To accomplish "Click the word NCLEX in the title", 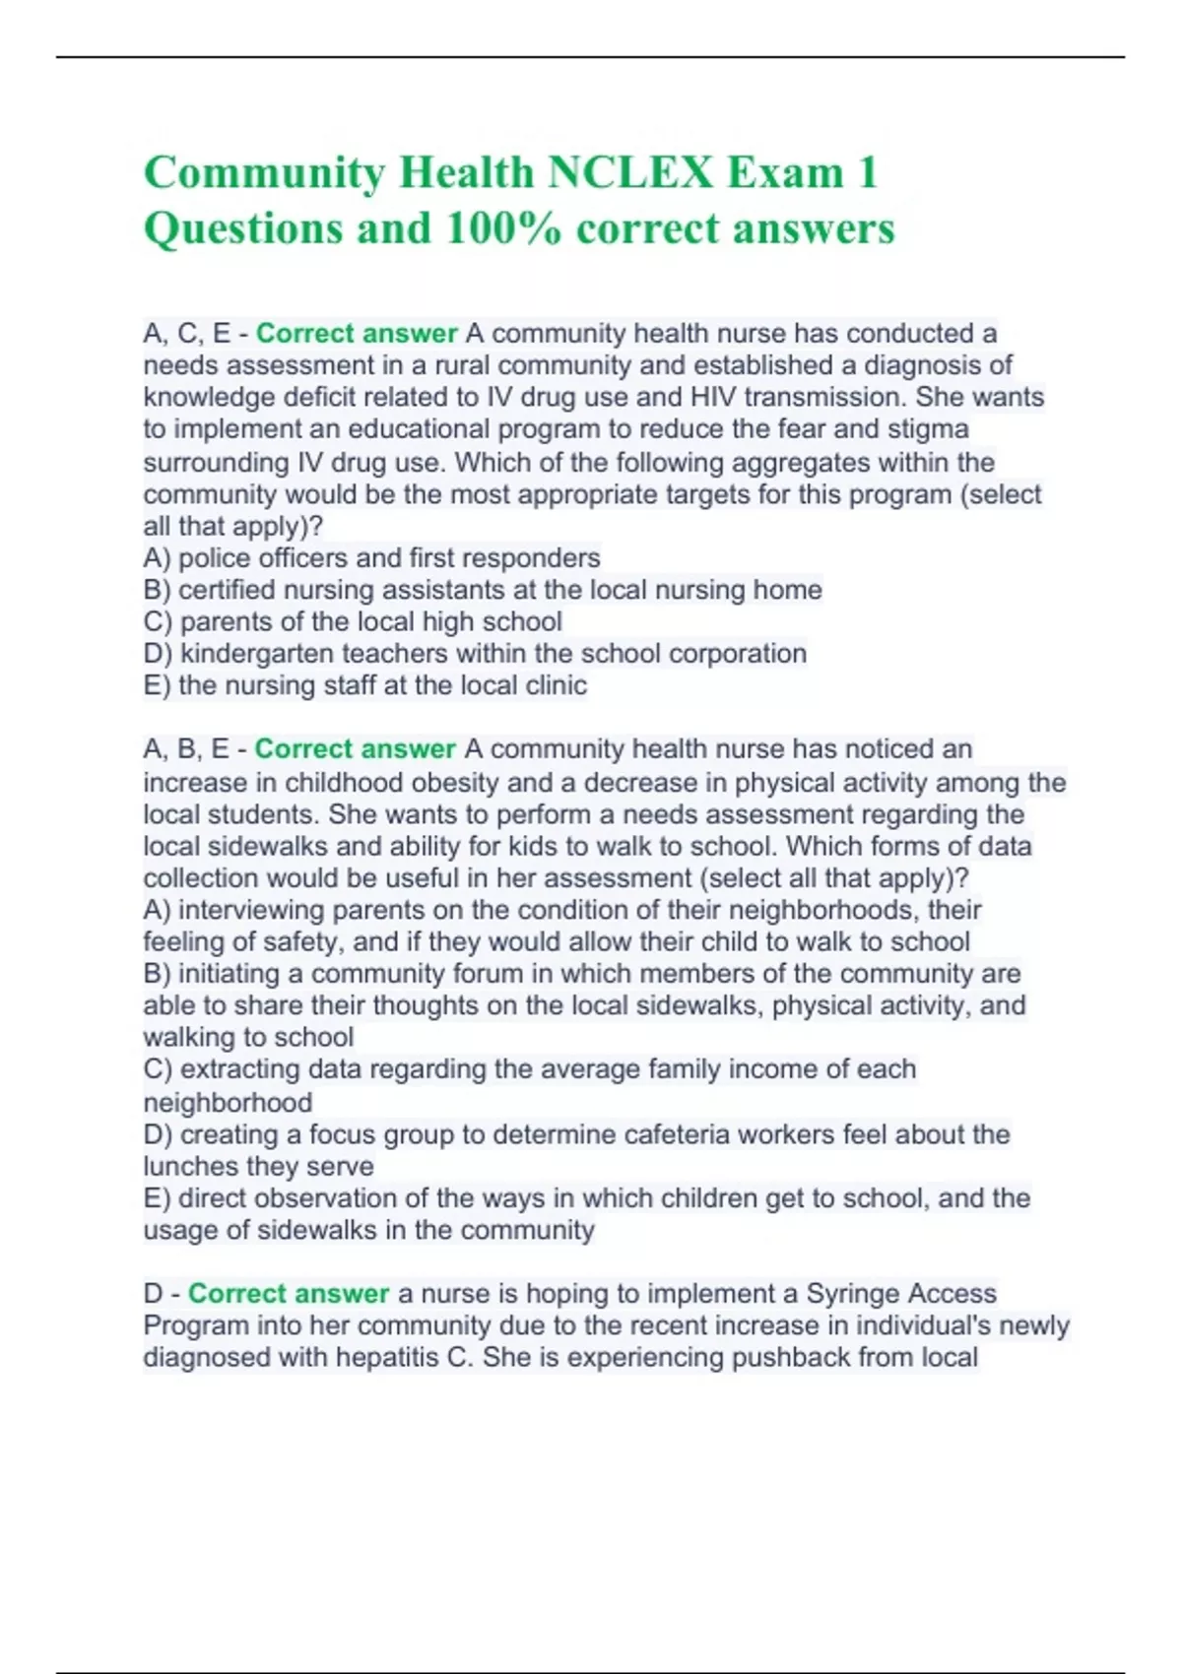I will [629, 173].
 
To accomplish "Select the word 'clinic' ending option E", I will [556, 685].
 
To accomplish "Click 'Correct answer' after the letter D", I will [289, 1294].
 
